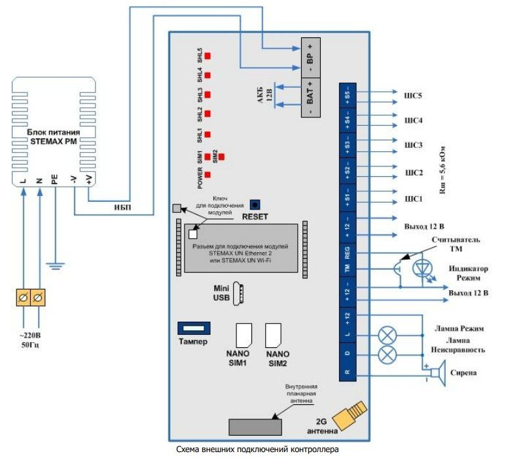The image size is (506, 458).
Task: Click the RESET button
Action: (x=259, y=205)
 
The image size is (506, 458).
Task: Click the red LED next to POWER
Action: (x=208, y=175)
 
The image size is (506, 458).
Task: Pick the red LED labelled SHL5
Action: (x=208, y=56)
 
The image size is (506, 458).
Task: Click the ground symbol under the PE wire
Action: (x=56, y=265)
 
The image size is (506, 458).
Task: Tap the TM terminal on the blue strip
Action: (x=347, y=268)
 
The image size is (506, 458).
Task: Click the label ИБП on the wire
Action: (x=121, y=208)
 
